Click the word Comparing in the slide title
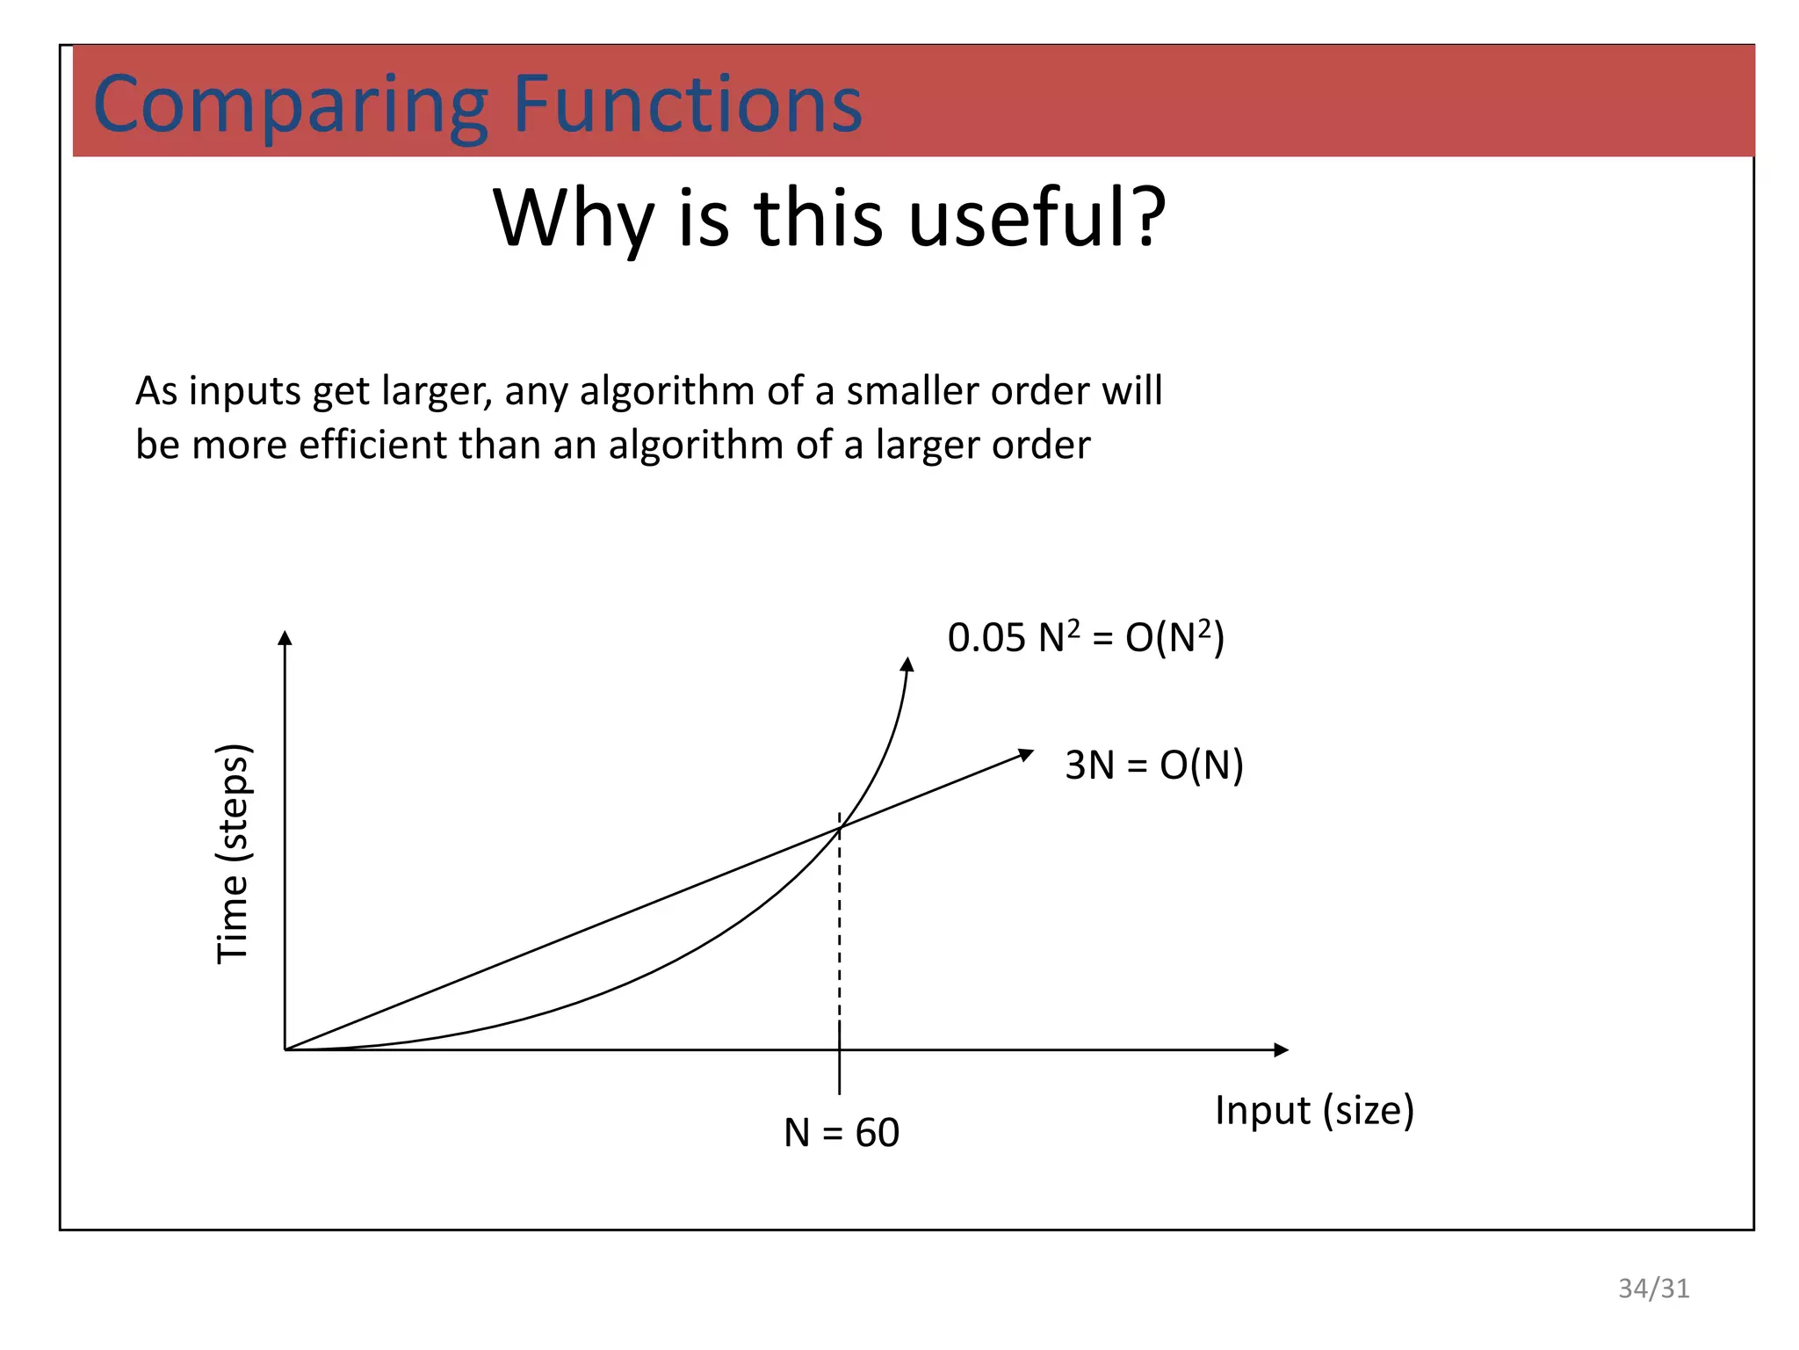[290, 105]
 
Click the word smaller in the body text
[912, 391]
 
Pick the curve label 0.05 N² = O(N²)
[1085, 637]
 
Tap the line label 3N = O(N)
[1153, 765]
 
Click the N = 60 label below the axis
[841, 1132]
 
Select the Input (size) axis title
[1314, 1110]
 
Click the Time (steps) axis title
[234, 853]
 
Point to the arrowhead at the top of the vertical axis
[285, 637]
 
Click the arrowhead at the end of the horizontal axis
[1281, 1049]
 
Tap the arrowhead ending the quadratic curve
[907, 664]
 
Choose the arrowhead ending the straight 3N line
[1025, 754]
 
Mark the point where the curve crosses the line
[840, 828]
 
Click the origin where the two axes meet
[285, 1049]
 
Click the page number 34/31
[1653, 1288]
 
